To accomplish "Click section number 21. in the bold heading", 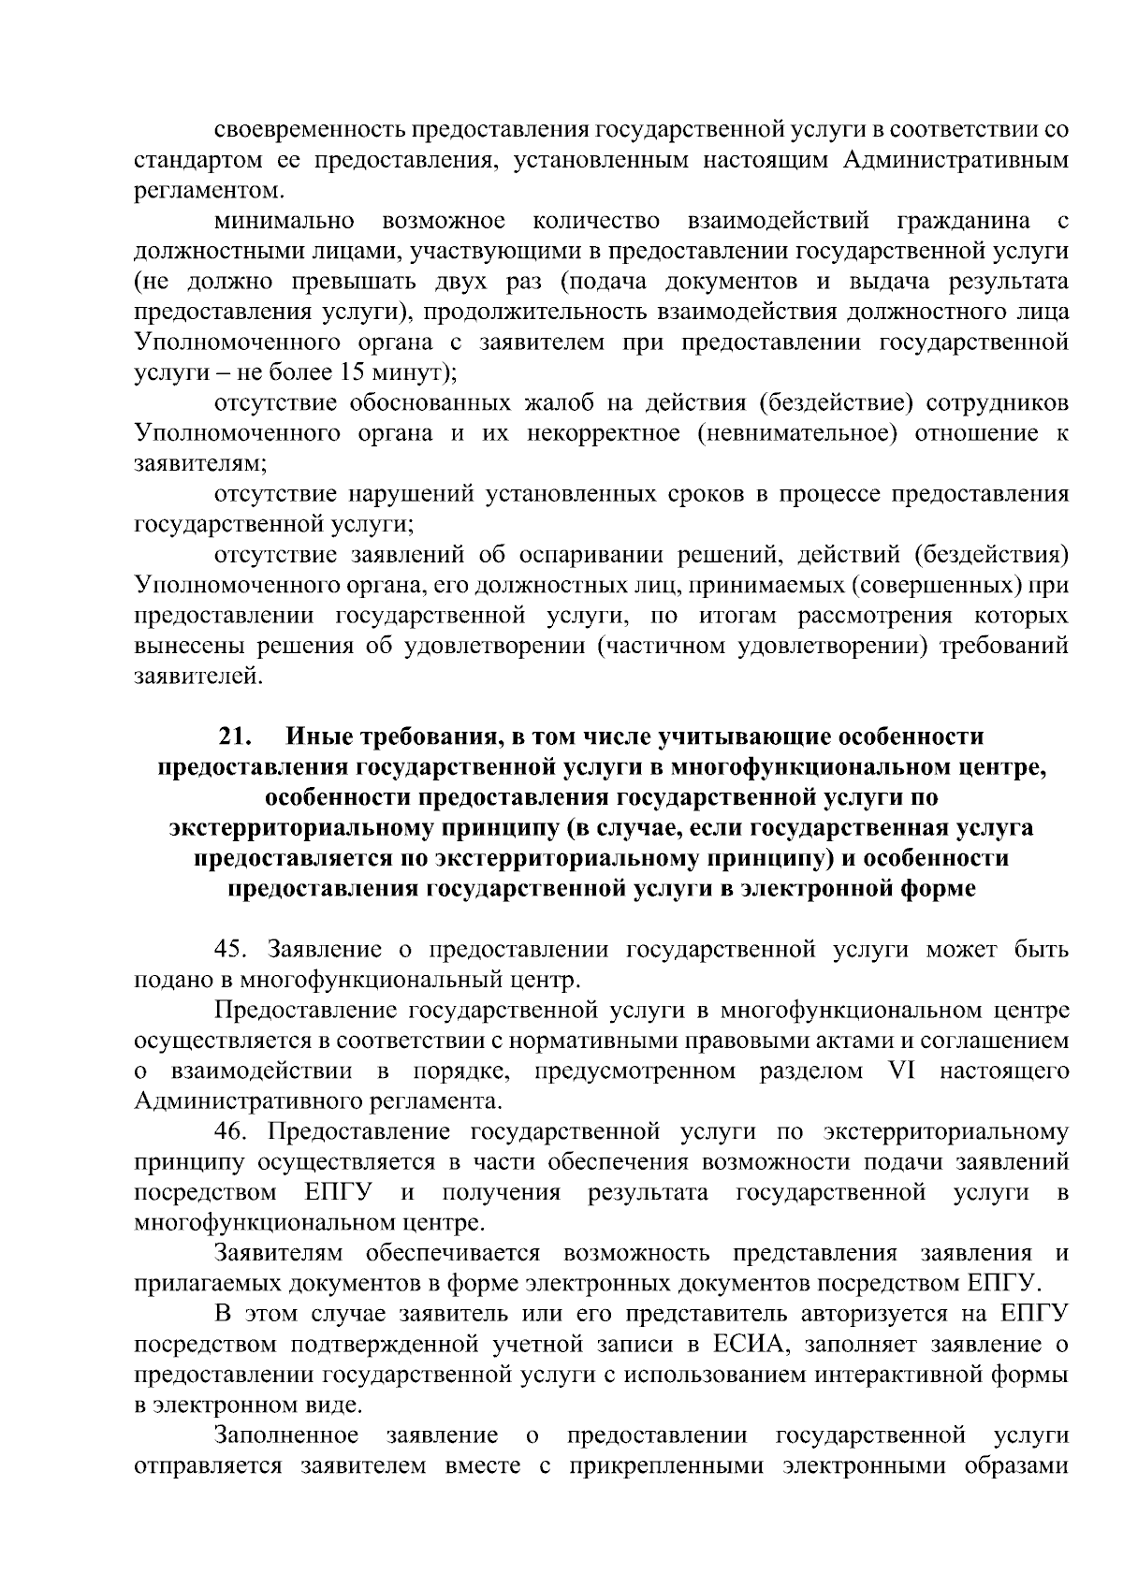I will coord(237,736).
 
